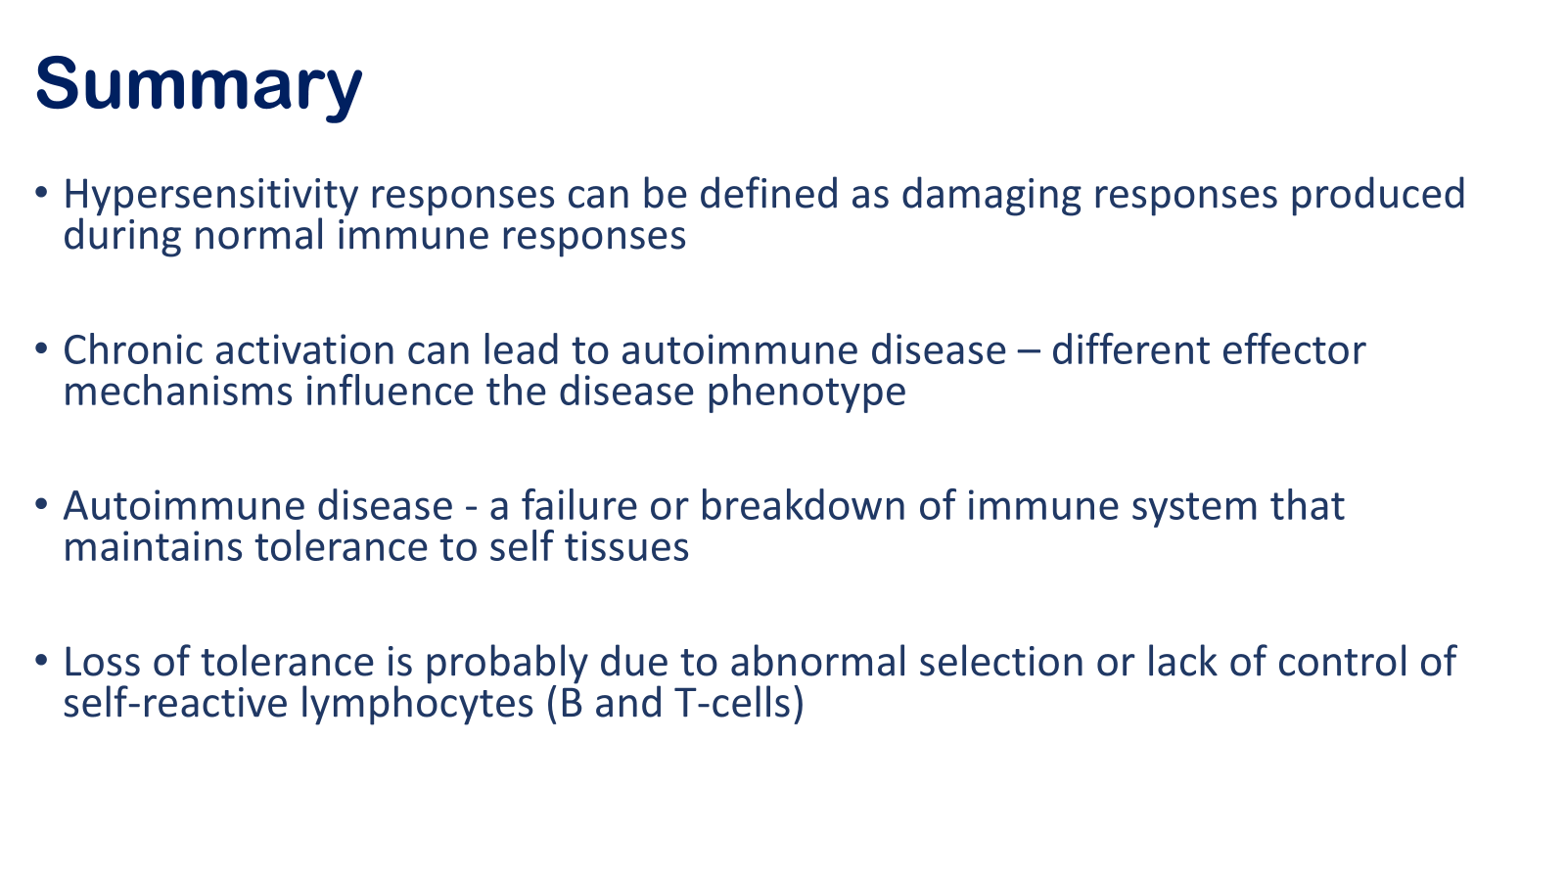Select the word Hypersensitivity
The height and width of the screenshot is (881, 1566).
tap(210, 195)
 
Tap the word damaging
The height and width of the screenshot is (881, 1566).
tap(991, 195)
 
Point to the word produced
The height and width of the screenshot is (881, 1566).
tap(1377, 195)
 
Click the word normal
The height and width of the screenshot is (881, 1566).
tap(258, 235)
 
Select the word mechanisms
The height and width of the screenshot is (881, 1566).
tap(177, 391)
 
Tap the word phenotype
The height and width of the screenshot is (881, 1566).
tap(806, 393)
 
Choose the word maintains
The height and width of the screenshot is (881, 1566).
tap(153, 547)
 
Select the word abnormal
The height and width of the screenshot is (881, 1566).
tap(818, 662)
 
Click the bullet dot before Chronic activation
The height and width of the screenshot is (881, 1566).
tap(41, 348)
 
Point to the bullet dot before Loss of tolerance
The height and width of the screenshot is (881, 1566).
tap(41, 660)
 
